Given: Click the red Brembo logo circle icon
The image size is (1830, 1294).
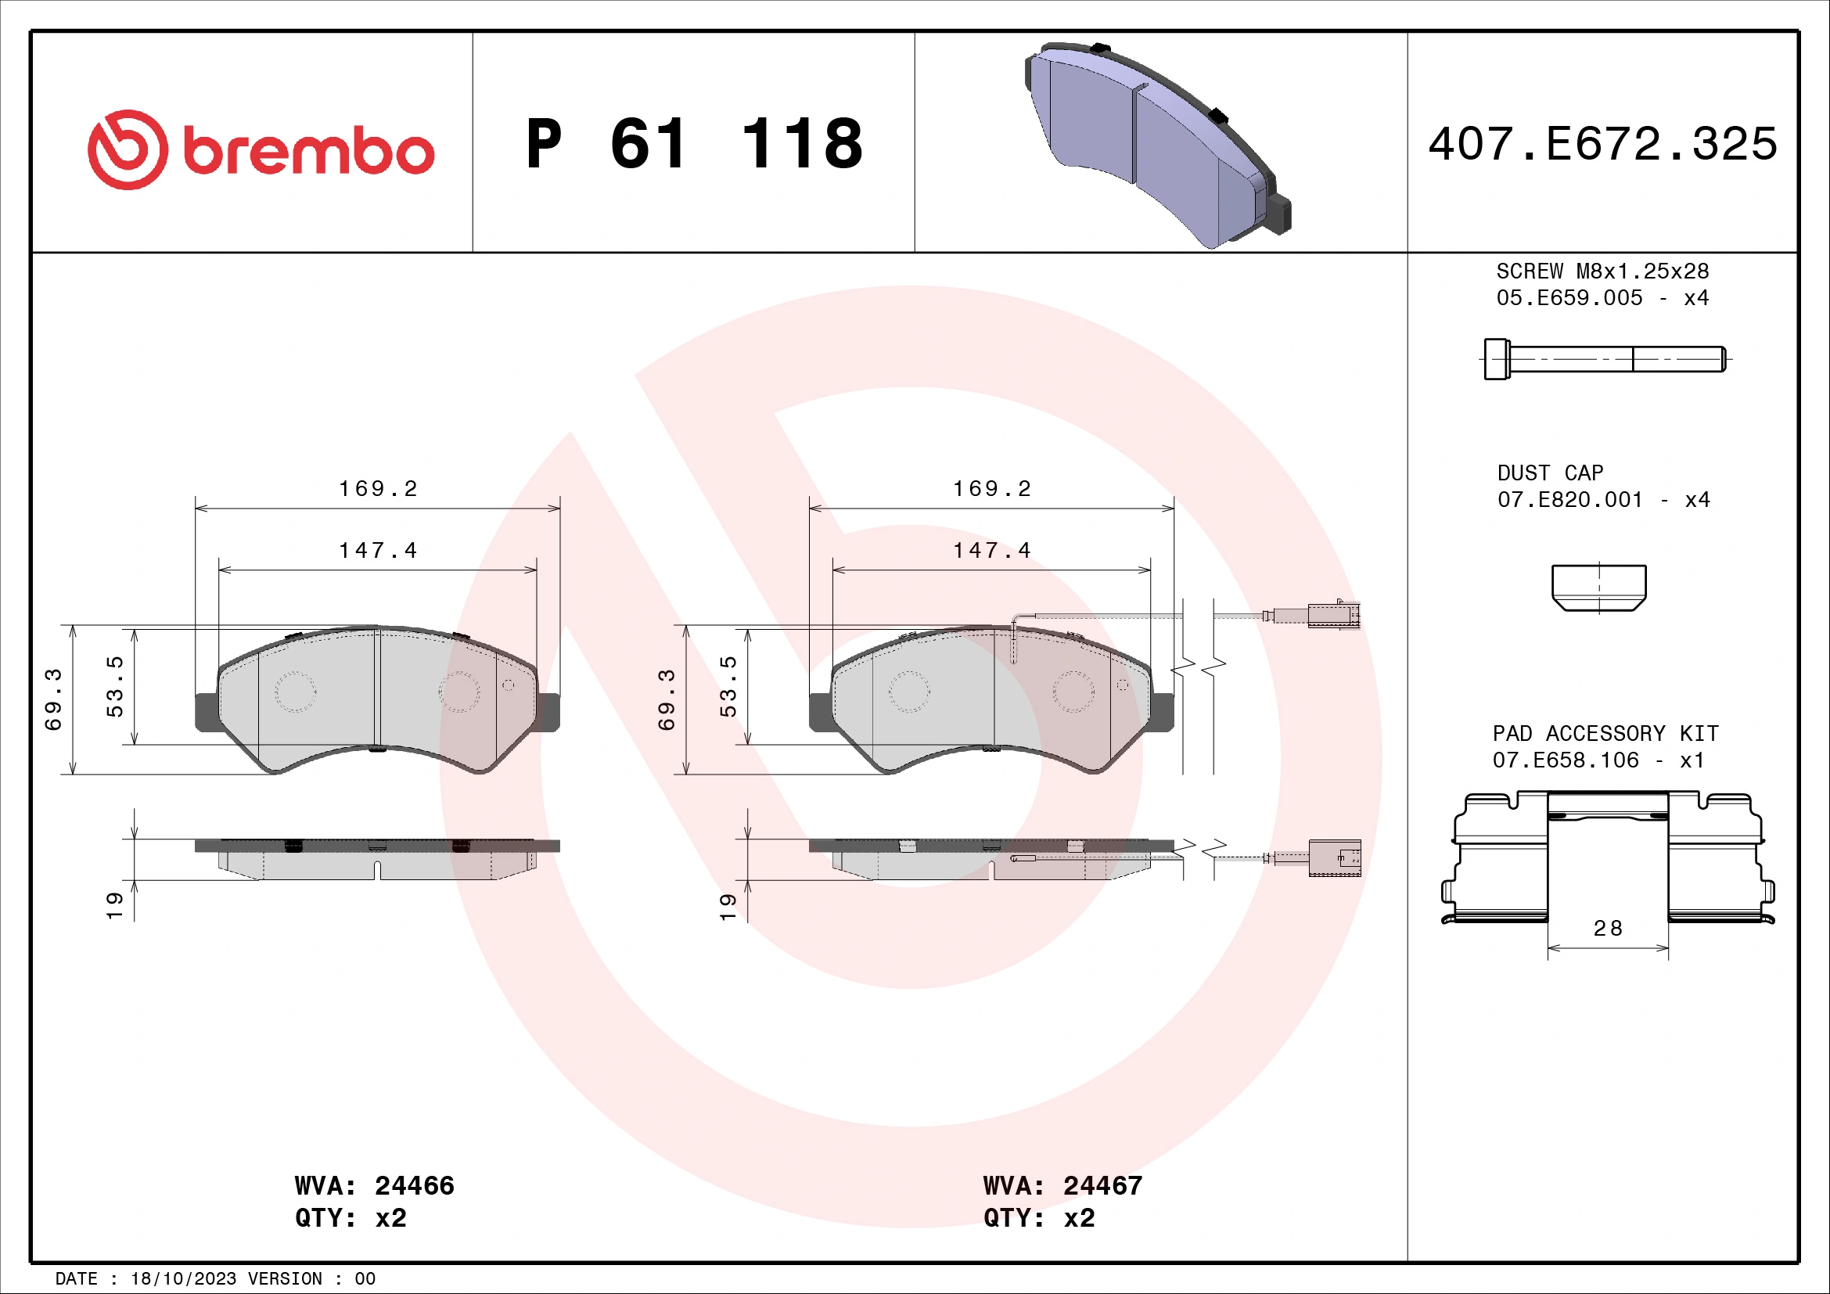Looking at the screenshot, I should pyautogui.click(x=128, y=149).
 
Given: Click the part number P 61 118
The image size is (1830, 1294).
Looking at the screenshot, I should pyautogui.click(x=694, y=144).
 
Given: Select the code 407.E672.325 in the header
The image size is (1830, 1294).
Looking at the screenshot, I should pyautogui.click(x=1602, y=144).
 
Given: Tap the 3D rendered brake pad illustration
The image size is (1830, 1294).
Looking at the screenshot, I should pyautogui.click(x=1156, y=143).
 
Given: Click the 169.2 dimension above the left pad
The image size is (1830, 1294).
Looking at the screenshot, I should pyautogui.click(x=378, y=488).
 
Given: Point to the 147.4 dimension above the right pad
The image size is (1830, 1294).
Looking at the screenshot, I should pyautogui.click(x=991, y=551).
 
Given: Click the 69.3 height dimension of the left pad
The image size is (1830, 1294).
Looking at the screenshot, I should pyautogui.click(x=52, y=699).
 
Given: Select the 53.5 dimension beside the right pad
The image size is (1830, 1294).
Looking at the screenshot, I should pyautogui.click(x=728, y=686).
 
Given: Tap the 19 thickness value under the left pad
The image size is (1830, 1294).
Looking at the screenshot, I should pyautogui.click(x=114, y=905).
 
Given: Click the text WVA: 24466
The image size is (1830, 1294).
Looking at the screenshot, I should pyautogui.click(x=374, y=1185).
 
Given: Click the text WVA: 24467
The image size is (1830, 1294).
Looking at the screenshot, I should pyautogui.click(x=1062, y=1185).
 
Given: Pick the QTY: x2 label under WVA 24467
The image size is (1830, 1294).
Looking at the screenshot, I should pyautogui.click(x=1038, y=1218).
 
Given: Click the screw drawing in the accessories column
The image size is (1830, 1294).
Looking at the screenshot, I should pyautogui.click(x=1605, y=358).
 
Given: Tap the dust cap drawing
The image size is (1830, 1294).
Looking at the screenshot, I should pyautogui.click(x=1599, y=588).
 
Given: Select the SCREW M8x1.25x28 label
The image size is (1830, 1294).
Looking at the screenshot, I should pyautogui.click(x=1602, y=271).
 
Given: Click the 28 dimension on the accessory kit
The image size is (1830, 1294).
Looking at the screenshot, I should pyautogui.click(x=1608, y=929).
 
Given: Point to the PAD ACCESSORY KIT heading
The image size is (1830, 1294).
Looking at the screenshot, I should pyautogui.click(x=1605, y=733).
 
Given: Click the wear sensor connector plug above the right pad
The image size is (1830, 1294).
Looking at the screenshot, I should pyautogui.click(x=1332, y=615).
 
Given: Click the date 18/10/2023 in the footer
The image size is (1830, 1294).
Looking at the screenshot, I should pyautogui.click(x=183, y=1279).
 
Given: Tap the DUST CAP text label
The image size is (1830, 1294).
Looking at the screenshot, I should pyautogui.click(x=1550, y=473).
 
